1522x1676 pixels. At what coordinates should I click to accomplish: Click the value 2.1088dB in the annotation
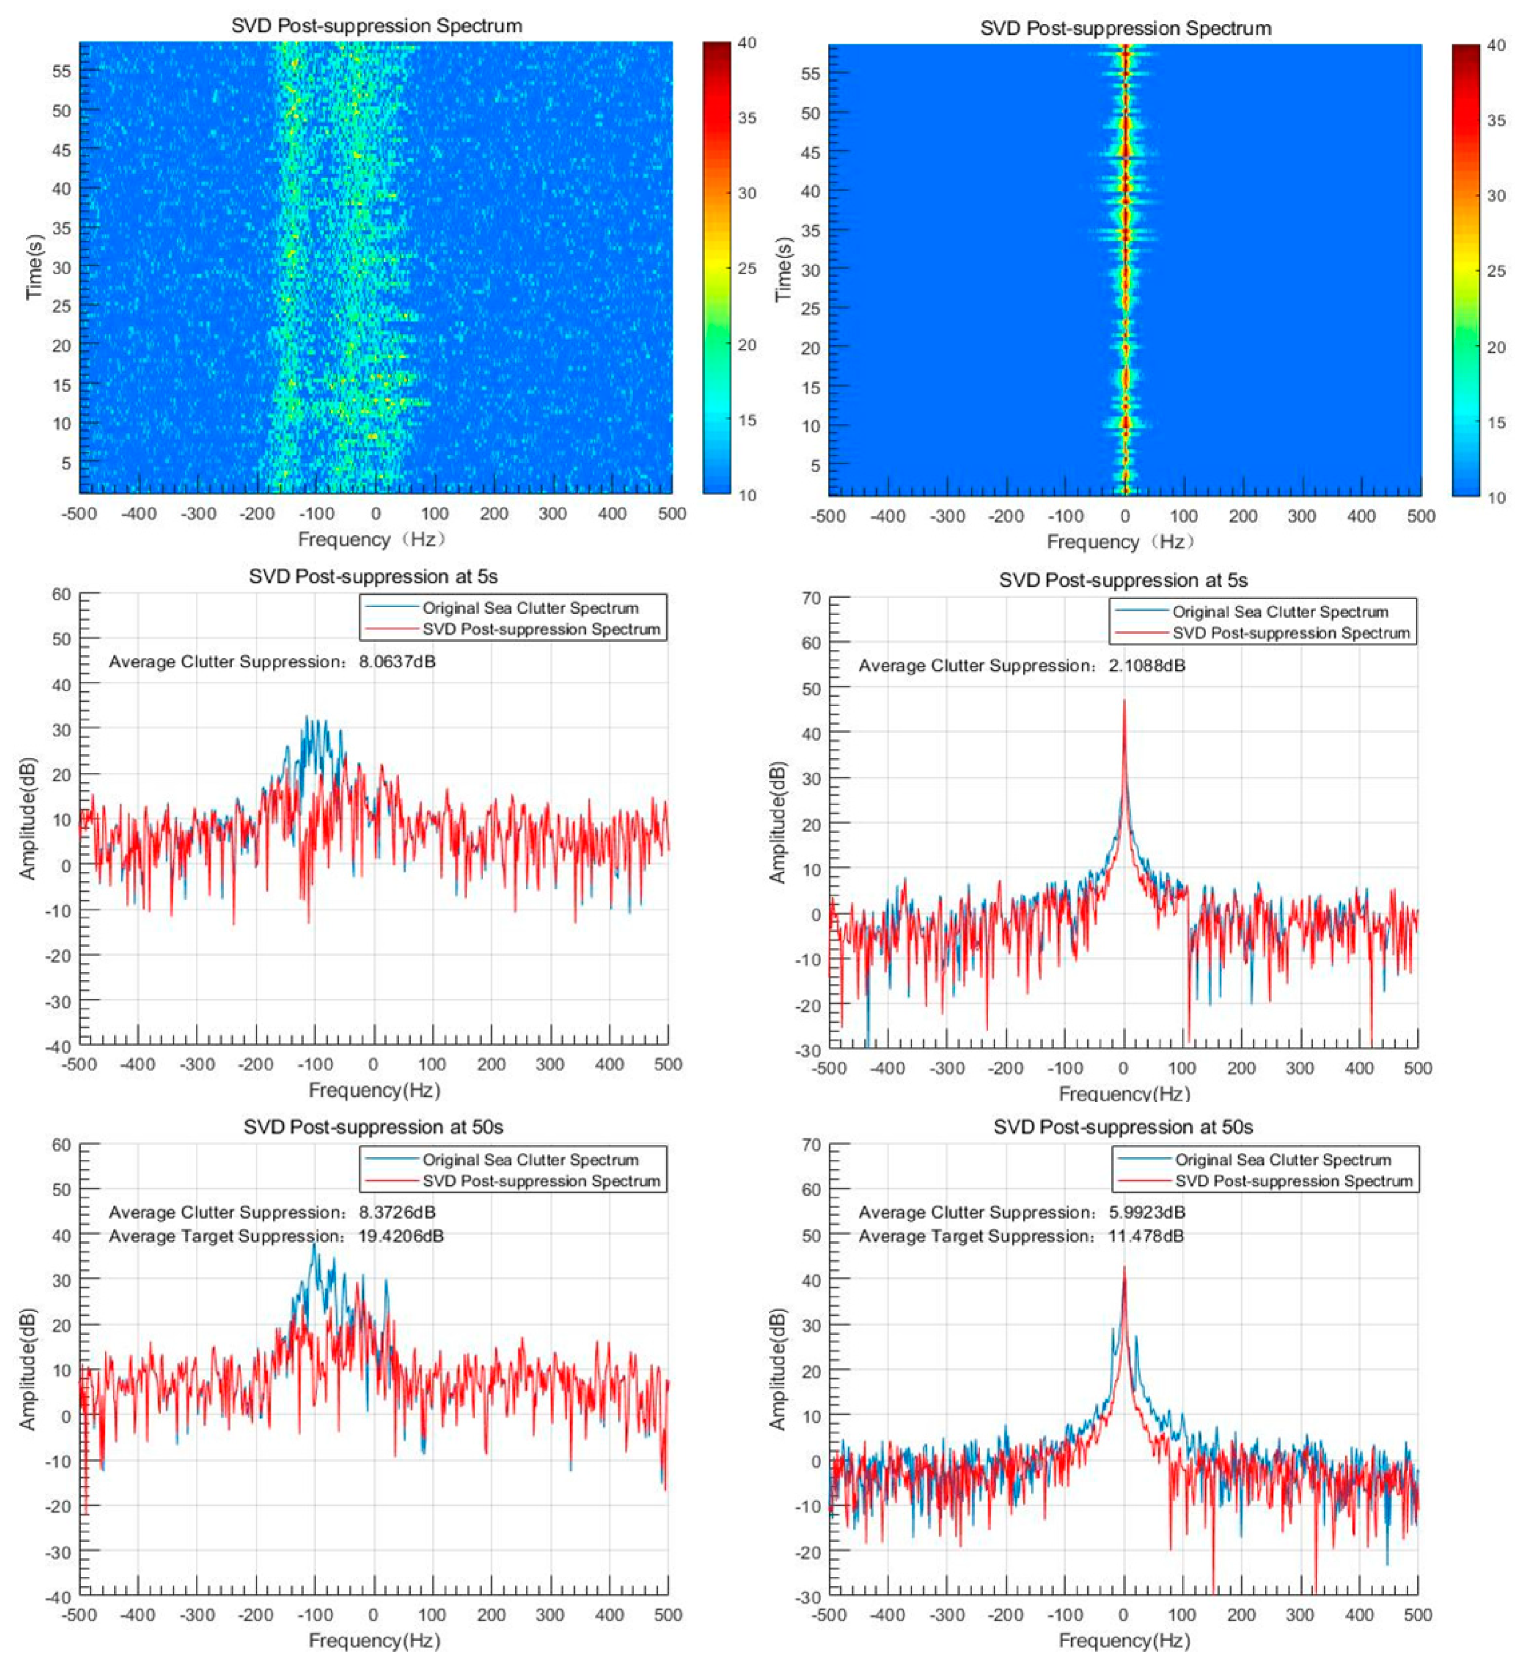coord(1147,666)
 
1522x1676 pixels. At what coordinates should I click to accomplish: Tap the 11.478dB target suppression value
coord(1146,1236)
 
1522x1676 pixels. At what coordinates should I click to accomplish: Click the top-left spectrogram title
coord(377,26)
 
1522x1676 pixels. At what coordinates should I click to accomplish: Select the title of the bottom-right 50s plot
coord(1123,1127)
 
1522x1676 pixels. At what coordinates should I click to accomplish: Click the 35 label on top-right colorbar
coord(1495,121)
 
